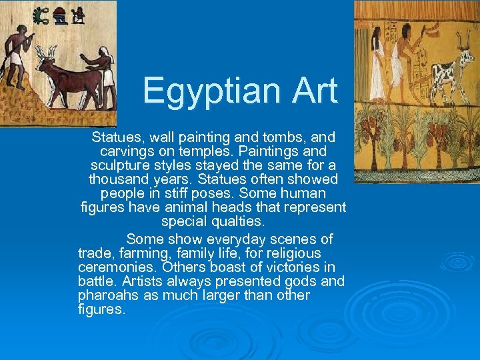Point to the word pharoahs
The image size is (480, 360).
click(x=107, y=295)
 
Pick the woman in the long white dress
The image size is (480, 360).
click(x=377, y=67)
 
